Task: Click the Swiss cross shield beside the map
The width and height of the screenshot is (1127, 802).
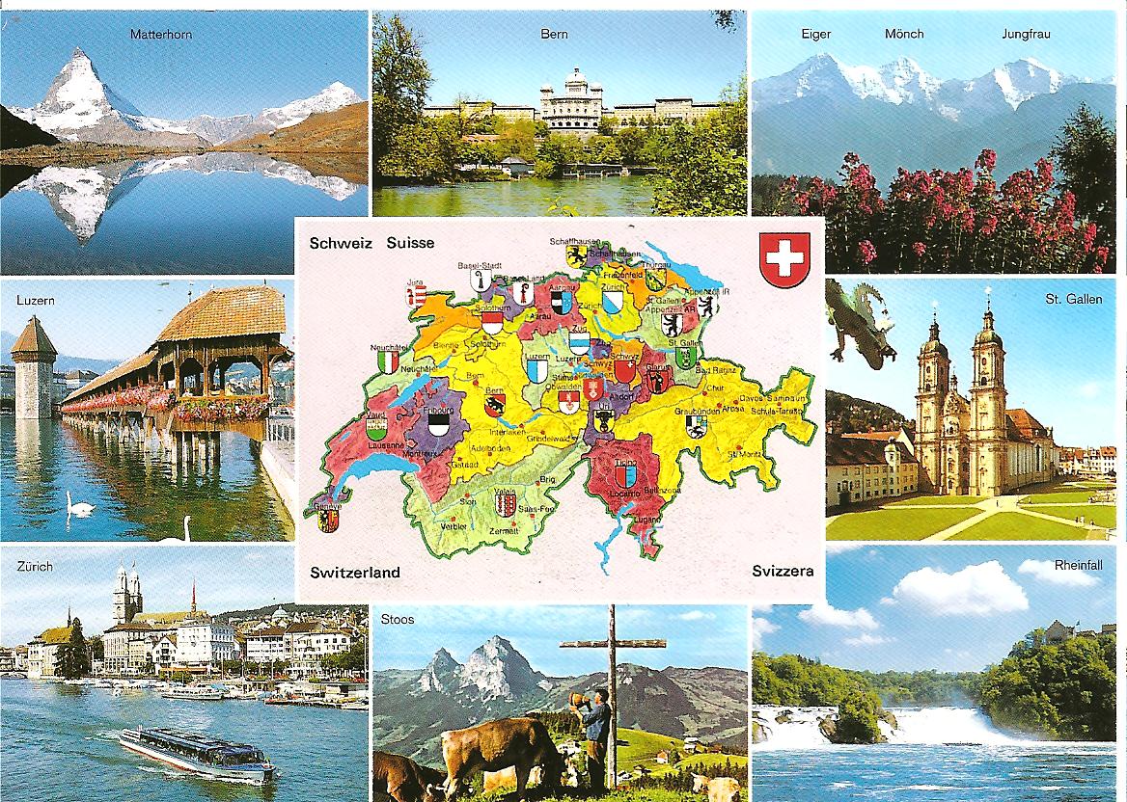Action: pos(784,259)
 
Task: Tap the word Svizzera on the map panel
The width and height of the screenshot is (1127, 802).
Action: pos(783,571)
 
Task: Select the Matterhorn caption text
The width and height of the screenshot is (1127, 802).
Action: pos(161,35)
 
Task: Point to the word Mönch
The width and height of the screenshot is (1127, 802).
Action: pos(904,35)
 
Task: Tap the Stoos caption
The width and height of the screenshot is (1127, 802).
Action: pos(398,619)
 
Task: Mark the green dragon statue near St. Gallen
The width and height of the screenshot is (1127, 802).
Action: pos(862,323)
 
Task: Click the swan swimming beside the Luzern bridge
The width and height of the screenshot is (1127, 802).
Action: pos(79,507)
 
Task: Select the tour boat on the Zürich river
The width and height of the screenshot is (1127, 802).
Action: pos(196,751)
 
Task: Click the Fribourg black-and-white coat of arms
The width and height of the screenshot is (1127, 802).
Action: pos(439,422)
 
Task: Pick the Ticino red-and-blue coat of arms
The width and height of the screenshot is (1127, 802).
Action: pos(625,474)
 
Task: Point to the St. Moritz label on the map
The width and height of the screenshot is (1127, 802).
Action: pos(744,453)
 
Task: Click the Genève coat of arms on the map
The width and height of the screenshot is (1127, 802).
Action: pos(329,521)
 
